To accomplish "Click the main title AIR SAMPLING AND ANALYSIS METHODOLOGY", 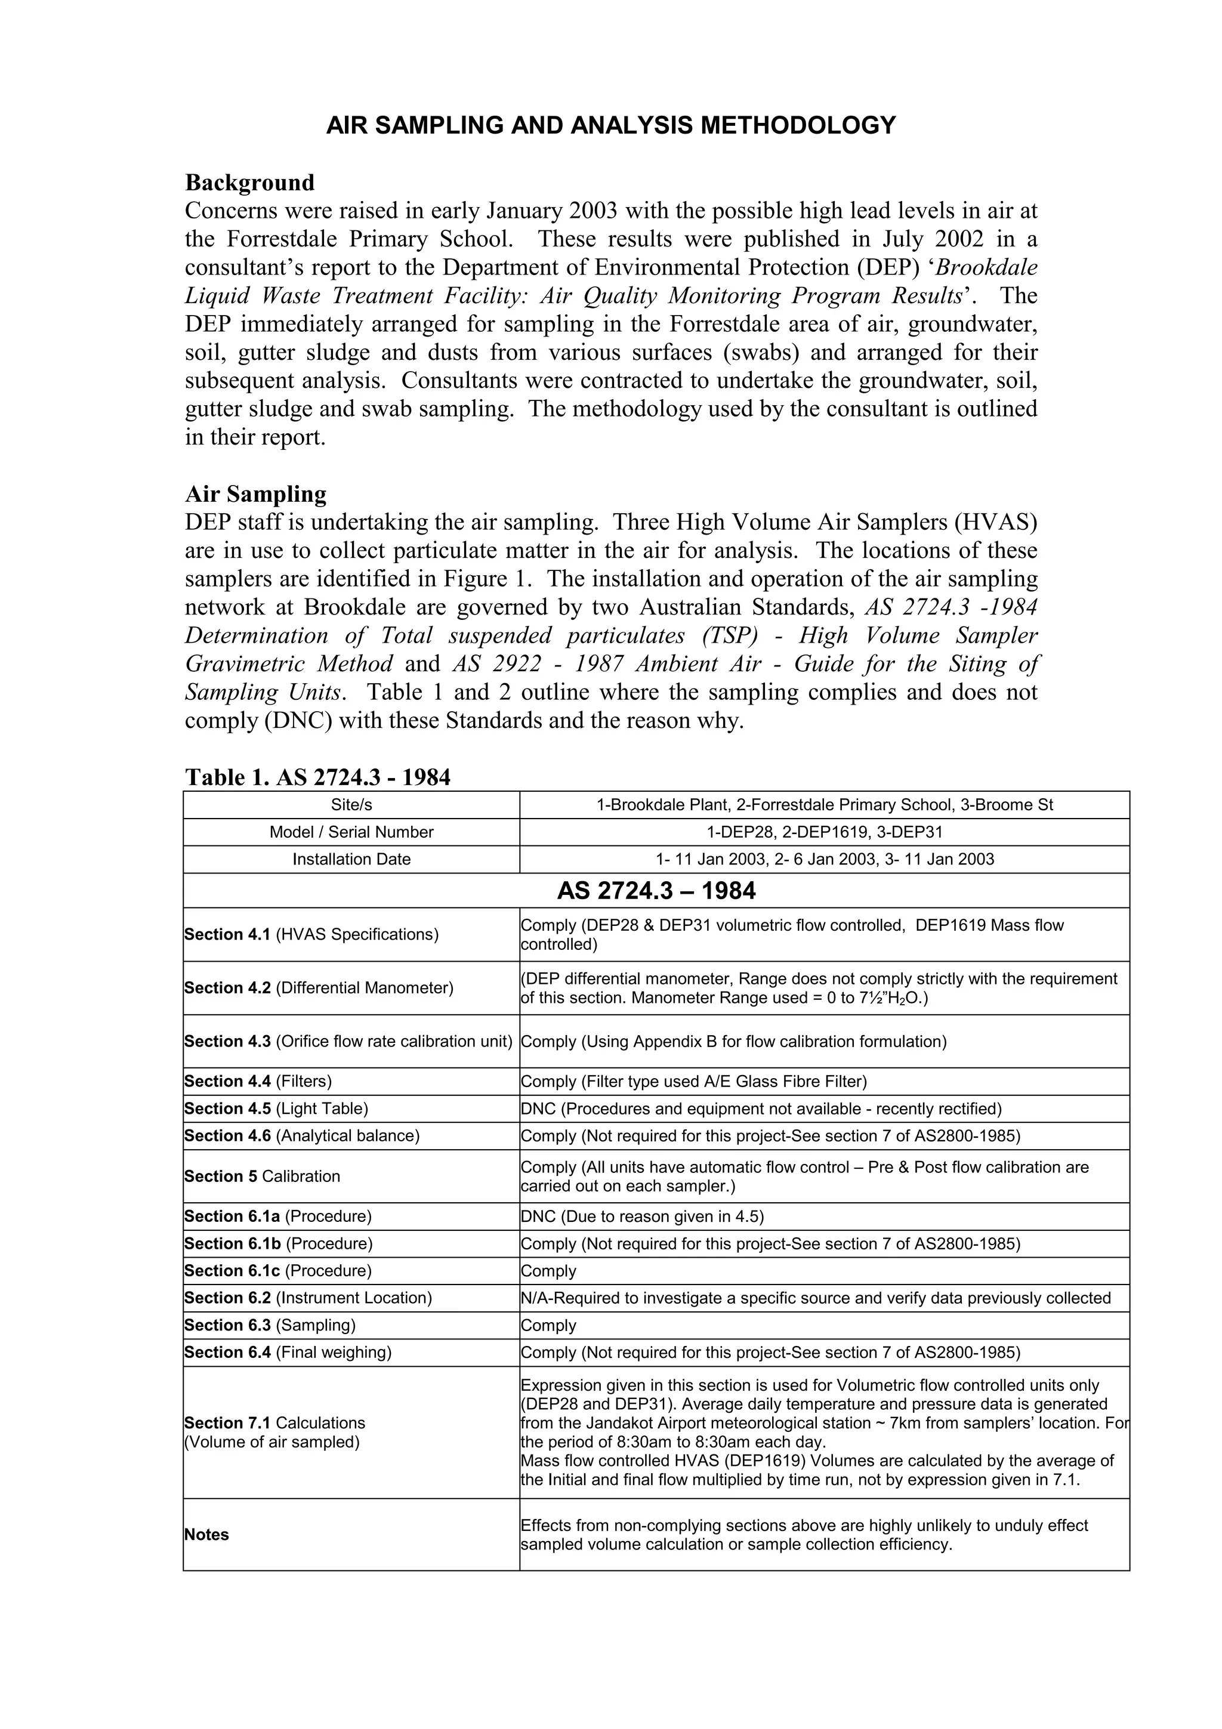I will (610, 125).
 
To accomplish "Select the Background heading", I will (249, 183).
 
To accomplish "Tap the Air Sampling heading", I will (255, 494).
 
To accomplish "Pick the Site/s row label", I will (351, 805).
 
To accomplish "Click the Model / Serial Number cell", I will (351, 832).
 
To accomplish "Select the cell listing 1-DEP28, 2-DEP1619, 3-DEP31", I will (825, 832).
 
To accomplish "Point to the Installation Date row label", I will (351, 859).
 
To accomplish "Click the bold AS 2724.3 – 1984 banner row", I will (656, 891).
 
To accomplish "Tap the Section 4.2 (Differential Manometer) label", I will (319, 988).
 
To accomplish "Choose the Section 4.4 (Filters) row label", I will (258, 1082).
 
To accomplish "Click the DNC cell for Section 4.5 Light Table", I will (760, 1109).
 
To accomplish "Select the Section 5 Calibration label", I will (262, 1177).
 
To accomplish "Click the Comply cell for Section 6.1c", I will (548, 1271).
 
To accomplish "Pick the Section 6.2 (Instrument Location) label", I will (308, 1298).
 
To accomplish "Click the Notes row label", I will (206, 1535).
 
